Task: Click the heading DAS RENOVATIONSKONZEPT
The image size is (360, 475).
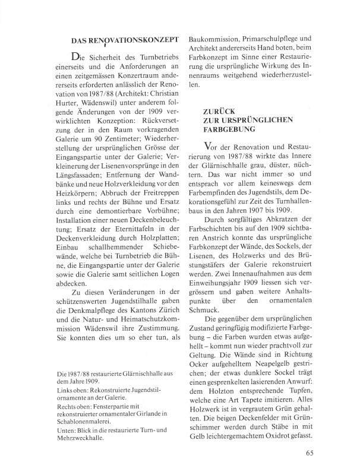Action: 125,40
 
